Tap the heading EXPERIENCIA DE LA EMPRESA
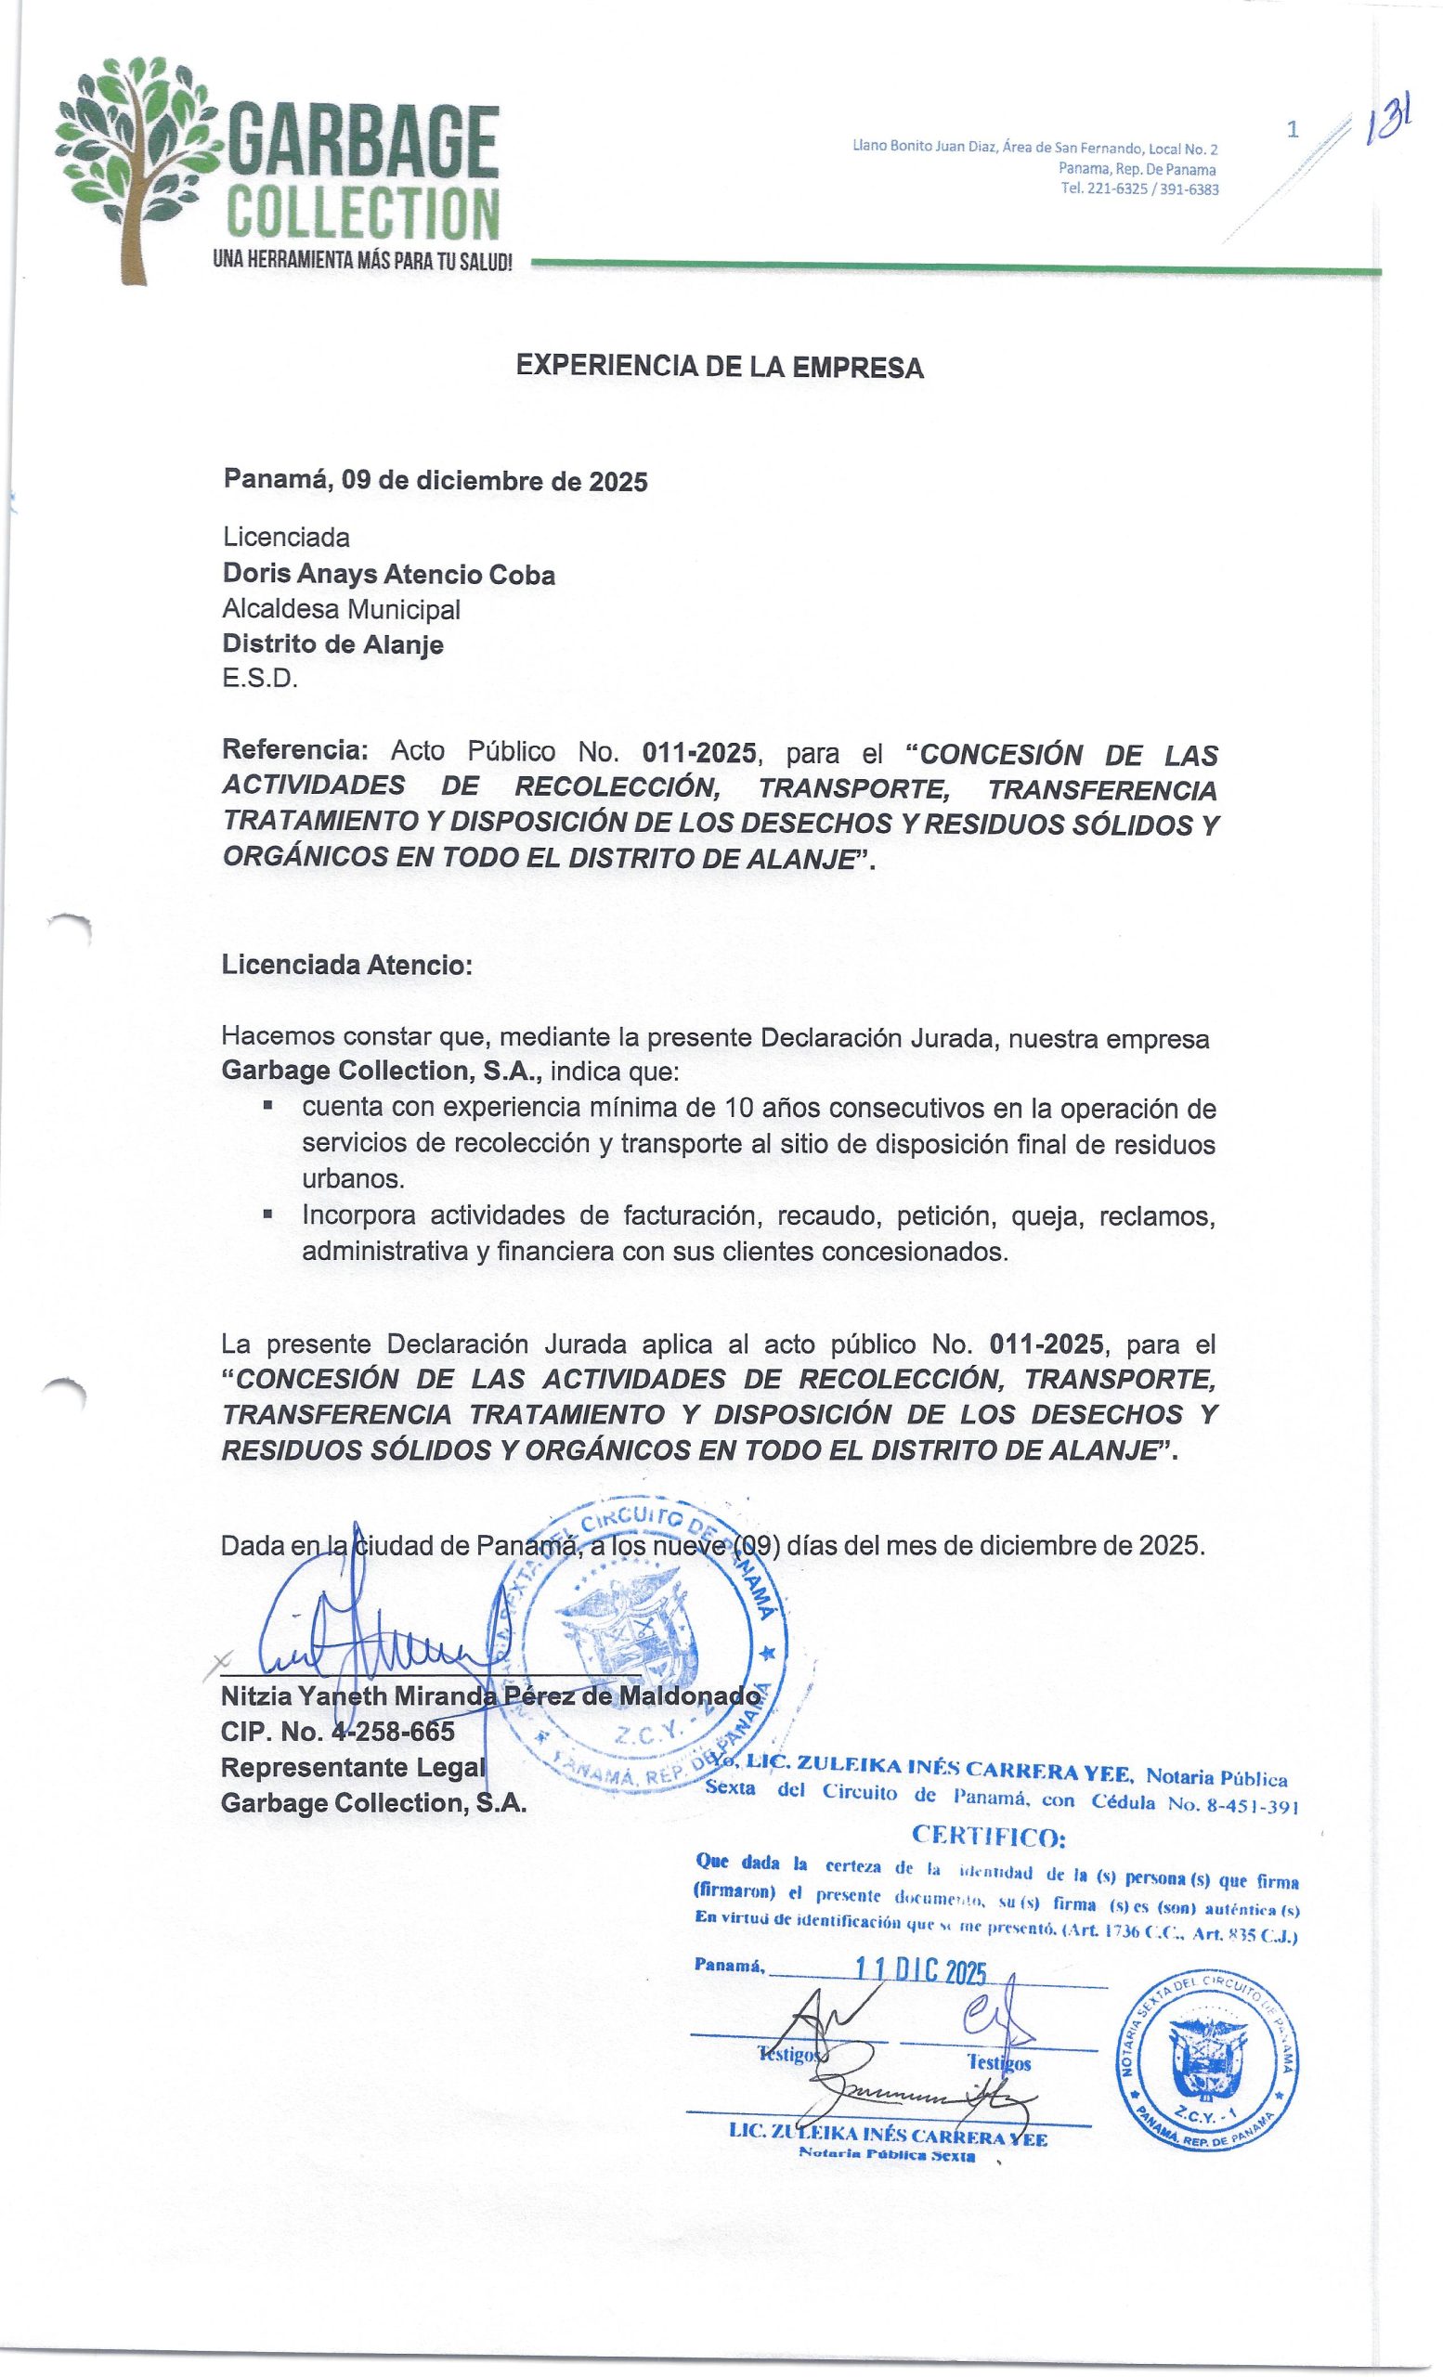720,367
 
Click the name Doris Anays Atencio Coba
389,575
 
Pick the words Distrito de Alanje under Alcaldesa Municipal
332,643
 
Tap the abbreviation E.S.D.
259,678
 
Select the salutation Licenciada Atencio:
347,965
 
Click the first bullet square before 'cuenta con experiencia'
267,1106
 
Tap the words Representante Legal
352,1767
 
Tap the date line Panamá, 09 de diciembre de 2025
435,480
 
